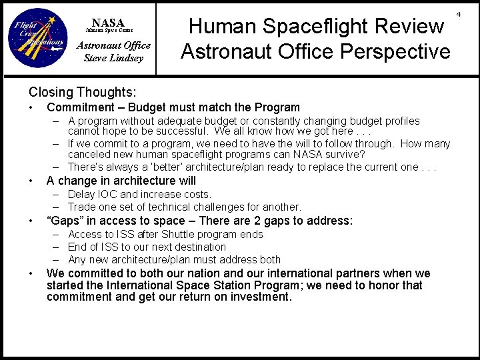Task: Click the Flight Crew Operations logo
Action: pos(38,37)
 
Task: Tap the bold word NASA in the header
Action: pos(108,23)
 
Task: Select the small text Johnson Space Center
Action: pos(108,31)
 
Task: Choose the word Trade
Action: pos(81,207)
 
